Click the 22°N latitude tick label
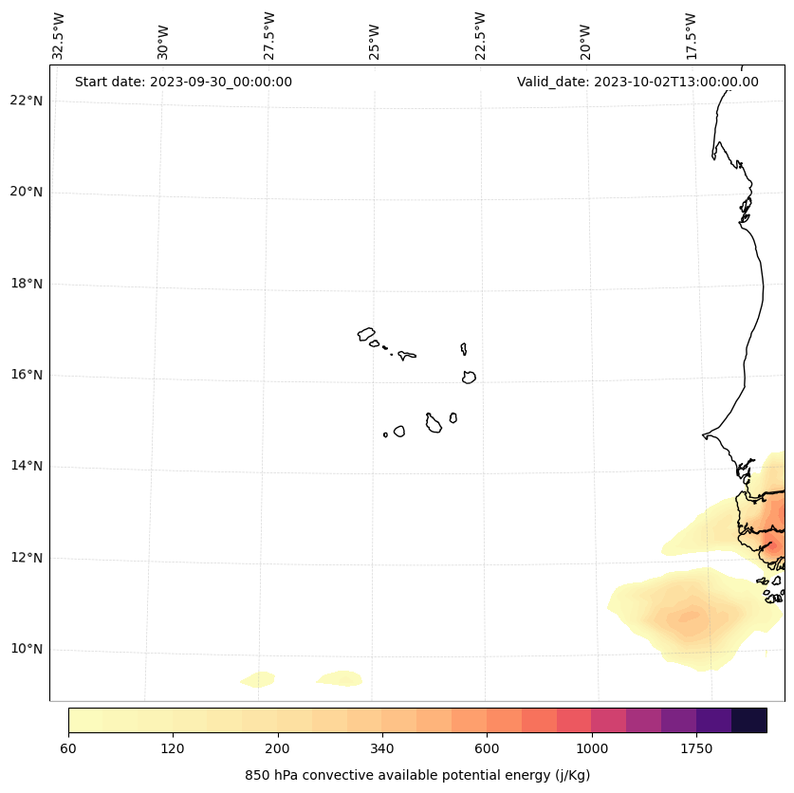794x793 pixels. tap(27, 101)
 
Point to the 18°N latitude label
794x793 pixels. tap(27, 284)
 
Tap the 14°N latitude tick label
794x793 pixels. tap(27, 466)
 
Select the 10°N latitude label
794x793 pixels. tap(27, 649)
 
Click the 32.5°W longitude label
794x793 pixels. tap(59, 35)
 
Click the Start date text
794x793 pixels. tap(183, 82)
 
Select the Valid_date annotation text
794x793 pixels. tap(637, 82)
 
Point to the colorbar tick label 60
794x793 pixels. tap(68, 748)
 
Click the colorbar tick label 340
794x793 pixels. tap(382, 748)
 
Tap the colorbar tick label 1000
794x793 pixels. tap(592, 748)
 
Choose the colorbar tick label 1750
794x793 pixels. tap(696, 748)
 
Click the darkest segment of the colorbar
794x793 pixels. tap(749, 720)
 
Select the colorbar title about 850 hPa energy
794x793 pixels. tap(417, 775)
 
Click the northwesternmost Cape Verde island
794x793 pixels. tap(366, 334)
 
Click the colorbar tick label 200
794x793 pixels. tap(278, 748)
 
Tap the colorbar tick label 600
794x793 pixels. tap(487, 748)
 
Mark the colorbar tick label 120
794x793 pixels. tap(173, 748)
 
